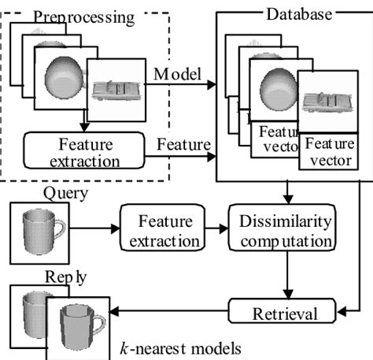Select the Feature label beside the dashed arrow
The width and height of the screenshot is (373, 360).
183,146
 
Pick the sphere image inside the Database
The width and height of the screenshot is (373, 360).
275,93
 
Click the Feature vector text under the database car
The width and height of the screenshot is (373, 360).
326,151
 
